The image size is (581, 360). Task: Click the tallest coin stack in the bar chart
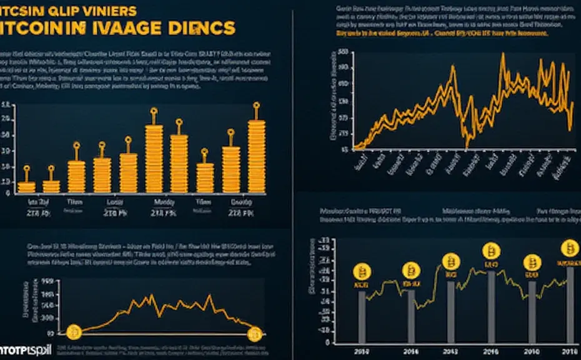[257, 156]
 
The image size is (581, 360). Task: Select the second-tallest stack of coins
[154, 159]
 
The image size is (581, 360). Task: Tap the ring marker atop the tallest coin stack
[256, 107]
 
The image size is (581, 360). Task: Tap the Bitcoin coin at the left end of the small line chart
[74, 330]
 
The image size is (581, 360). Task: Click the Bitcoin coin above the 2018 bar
[569, 247]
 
